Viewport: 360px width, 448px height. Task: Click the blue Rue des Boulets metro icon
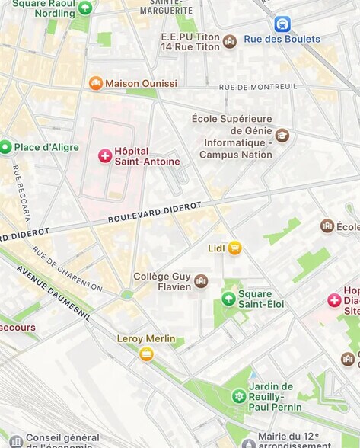point(282,24)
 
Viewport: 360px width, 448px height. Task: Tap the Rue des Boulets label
point(282,39)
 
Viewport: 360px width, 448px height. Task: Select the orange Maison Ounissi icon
point(95,83)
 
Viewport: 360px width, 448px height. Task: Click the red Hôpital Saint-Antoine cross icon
point(105,155)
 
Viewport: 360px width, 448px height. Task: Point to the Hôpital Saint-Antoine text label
point(148,156)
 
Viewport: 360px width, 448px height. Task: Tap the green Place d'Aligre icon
point(5,147)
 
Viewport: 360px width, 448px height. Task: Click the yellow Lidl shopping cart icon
point(234,248)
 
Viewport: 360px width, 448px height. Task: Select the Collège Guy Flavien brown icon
point(201,281)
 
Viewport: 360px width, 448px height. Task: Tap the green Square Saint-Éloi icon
point(228,299)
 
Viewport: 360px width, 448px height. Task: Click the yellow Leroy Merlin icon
point(146,354)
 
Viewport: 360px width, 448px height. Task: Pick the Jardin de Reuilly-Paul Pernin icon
point(239,396)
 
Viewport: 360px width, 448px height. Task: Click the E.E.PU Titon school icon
point(229,42)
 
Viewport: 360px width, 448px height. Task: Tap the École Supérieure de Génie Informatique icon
point(282,136)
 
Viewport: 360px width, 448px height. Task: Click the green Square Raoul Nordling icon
point(85,8)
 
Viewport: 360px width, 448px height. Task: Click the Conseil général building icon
point(16,440)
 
